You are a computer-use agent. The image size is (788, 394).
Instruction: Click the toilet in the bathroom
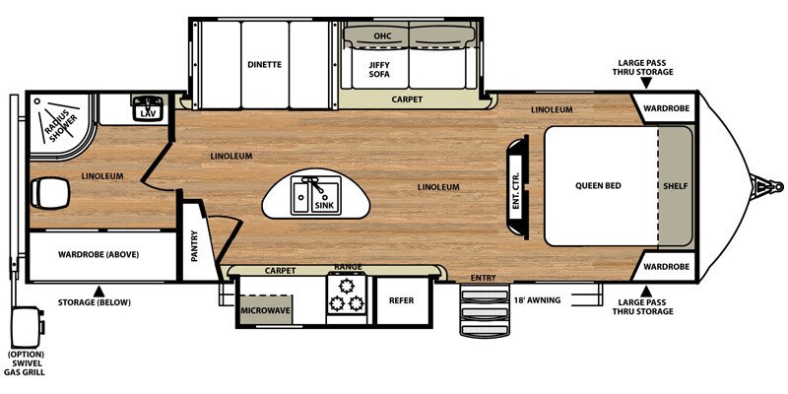(50, 192)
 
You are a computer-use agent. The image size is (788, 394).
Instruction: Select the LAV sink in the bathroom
(148, 107)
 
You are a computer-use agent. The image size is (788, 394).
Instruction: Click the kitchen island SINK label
(322, 205)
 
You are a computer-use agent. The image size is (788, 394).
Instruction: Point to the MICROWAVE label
(265, 310)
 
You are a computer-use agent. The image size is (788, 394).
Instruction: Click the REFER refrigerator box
(402, 300)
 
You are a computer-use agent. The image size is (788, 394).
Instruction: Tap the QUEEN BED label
(598, 185)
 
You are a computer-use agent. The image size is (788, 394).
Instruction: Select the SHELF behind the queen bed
(675, 186)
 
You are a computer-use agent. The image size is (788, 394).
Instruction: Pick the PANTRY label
(194, 246)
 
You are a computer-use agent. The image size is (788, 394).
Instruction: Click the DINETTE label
(264, 64)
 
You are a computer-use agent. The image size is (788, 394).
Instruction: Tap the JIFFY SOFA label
(379, 69)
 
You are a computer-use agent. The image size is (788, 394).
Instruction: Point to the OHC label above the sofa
(382, 35)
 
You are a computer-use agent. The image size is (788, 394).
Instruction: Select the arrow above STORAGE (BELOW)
(99, 291)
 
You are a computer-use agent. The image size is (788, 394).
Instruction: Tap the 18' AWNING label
(537, 300)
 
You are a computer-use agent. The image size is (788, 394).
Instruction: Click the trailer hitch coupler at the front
(767, 187)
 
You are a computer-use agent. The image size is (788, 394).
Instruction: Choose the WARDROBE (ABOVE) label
(98, 254)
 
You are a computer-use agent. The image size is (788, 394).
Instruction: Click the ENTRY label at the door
(484, 278)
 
